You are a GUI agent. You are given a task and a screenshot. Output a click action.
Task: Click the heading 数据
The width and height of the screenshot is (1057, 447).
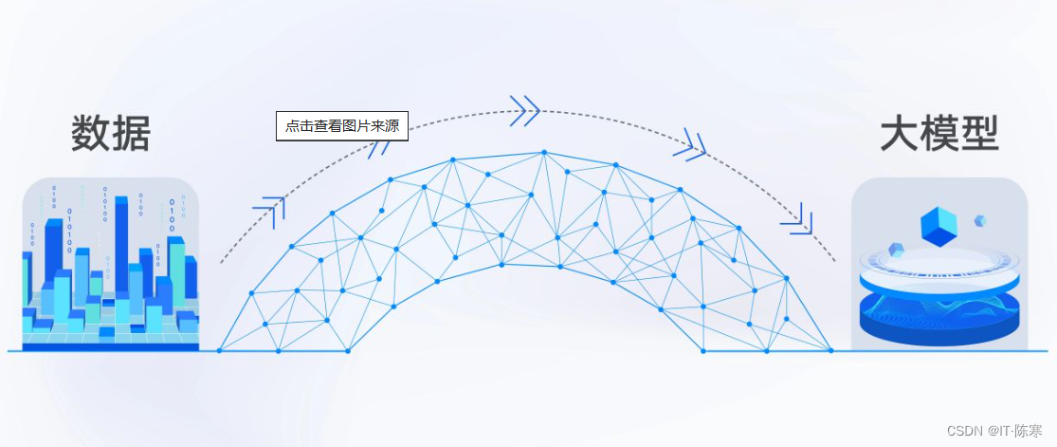point(110,134)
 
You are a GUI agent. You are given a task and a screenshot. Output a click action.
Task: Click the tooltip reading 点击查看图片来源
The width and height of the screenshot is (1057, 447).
point(341,126)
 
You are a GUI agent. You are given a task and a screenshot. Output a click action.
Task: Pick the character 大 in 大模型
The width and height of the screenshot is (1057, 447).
point(899,134)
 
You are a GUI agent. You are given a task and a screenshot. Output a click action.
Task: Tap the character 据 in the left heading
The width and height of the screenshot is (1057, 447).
point(131,134)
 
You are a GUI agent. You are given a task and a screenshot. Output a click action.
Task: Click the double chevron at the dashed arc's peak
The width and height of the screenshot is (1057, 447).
point(524,110)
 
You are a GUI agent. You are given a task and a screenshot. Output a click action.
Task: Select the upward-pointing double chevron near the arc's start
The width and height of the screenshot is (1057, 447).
point(270,212)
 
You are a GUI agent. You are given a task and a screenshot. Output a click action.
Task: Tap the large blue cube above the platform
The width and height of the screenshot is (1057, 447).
point(939,226)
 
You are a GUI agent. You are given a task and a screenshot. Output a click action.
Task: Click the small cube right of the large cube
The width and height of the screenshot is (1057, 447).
point(980,220)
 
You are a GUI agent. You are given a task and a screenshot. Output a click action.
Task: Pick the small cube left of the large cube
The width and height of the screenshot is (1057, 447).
point(896,250)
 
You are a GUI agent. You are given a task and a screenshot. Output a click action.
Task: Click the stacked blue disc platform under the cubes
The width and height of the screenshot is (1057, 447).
point(938,304)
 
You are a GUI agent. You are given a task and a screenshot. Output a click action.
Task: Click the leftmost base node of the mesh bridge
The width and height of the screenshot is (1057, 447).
point(219,351)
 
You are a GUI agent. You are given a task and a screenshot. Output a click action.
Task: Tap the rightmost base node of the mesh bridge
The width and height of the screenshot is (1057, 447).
point(830,351)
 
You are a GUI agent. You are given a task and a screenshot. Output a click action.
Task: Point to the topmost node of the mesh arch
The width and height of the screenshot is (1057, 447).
point(544,151)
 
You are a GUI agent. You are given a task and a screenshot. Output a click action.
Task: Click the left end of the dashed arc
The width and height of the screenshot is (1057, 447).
point(222,260)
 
